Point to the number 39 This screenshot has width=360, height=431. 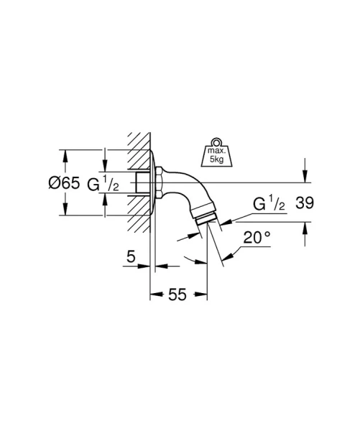305,204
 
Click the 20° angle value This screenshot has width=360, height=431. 257,238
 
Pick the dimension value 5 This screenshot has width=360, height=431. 130,256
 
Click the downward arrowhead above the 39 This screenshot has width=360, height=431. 305,179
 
